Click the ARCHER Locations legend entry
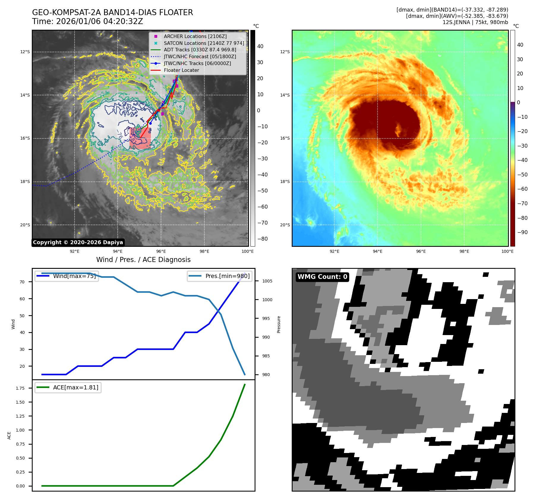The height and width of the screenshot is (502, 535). point(195,36)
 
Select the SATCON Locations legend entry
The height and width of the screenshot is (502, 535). point(204,43)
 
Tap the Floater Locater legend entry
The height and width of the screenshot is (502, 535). point(181,70)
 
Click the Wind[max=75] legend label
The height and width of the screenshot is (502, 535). point(74,276)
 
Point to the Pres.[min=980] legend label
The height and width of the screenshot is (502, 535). point(227,276)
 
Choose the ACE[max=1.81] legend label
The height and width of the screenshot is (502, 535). point(75,387)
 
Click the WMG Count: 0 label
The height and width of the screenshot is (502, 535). point(322,277)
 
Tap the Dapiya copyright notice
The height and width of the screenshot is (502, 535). point(78,242)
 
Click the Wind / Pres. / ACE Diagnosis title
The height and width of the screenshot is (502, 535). point(143,260)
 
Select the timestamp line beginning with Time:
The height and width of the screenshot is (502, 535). point(87,21)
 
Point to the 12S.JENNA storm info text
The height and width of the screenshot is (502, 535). point(475,22)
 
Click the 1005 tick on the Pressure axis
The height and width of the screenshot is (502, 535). point(267,281)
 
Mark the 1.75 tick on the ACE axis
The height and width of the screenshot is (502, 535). point(20,388)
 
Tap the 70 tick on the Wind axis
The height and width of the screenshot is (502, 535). point(22,282)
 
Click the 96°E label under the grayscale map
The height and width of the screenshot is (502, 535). point(161,251)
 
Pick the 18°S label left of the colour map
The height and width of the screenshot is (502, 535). point(285,181)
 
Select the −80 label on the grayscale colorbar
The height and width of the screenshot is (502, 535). point(262,239)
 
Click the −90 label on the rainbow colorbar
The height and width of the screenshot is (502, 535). point(522,232)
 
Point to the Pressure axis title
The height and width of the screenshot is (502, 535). point(279,324)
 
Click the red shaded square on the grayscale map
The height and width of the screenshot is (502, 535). point(140,138)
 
